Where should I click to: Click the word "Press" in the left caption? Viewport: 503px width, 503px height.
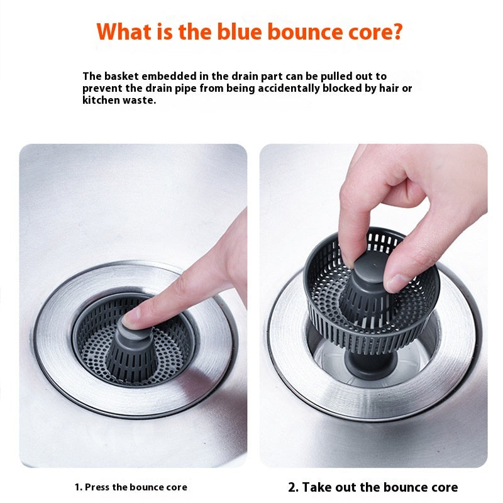[x=97, y=487]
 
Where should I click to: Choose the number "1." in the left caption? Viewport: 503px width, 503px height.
[x=78, y=487]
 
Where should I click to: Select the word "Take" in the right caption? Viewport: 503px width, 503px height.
[x=316, y=487]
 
